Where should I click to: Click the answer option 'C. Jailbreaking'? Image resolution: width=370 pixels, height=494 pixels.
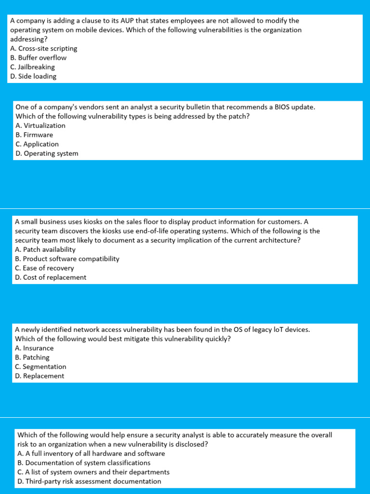pyautogui.click(x=32, y=67)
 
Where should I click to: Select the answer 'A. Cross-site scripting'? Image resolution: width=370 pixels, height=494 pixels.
pyautogui.click(x=43, y=49)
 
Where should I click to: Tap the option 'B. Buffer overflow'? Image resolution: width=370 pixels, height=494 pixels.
pyautogui.click(x=38, y=58)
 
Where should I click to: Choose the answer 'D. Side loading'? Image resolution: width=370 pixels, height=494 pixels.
pyautogui.click(x=33, y=76)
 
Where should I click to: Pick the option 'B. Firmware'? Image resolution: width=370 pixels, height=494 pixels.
pyautogui.click(x=34, y=135)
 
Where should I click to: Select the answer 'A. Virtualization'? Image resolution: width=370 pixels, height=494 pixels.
pyautogui.click(x=40, y=126)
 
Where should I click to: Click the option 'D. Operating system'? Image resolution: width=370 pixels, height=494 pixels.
pyautogui.click(x=47, y=153)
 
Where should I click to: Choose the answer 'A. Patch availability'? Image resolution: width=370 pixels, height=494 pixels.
pyautogui.click(x=45, y=249)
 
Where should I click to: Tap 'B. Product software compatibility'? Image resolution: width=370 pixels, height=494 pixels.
pyautogui.click(x=67, y=259)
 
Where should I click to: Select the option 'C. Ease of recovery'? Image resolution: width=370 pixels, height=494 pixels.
pyautogui.click(x=44, y=268)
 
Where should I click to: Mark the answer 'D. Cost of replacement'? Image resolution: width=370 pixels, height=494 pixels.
pyautogui.click(x=51, y=277)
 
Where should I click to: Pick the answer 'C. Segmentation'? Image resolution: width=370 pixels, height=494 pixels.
pyautogui.click(x=40, y=367)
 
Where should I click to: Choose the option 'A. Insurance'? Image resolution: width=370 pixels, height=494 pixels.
pyautogui.click(x=34, y=348)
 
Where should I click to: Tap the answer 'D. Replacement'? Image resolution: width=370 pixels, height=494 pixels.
pyautogui.click(x=40, y=376)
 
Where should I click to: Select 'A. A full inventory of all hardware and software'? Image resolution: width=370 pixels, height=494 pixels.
pyautogui.click(x=91, y=453)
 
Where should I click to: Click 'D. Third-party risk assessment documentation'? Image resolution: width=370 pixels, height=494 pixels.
pyautogui.click(x=89, y=481)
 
